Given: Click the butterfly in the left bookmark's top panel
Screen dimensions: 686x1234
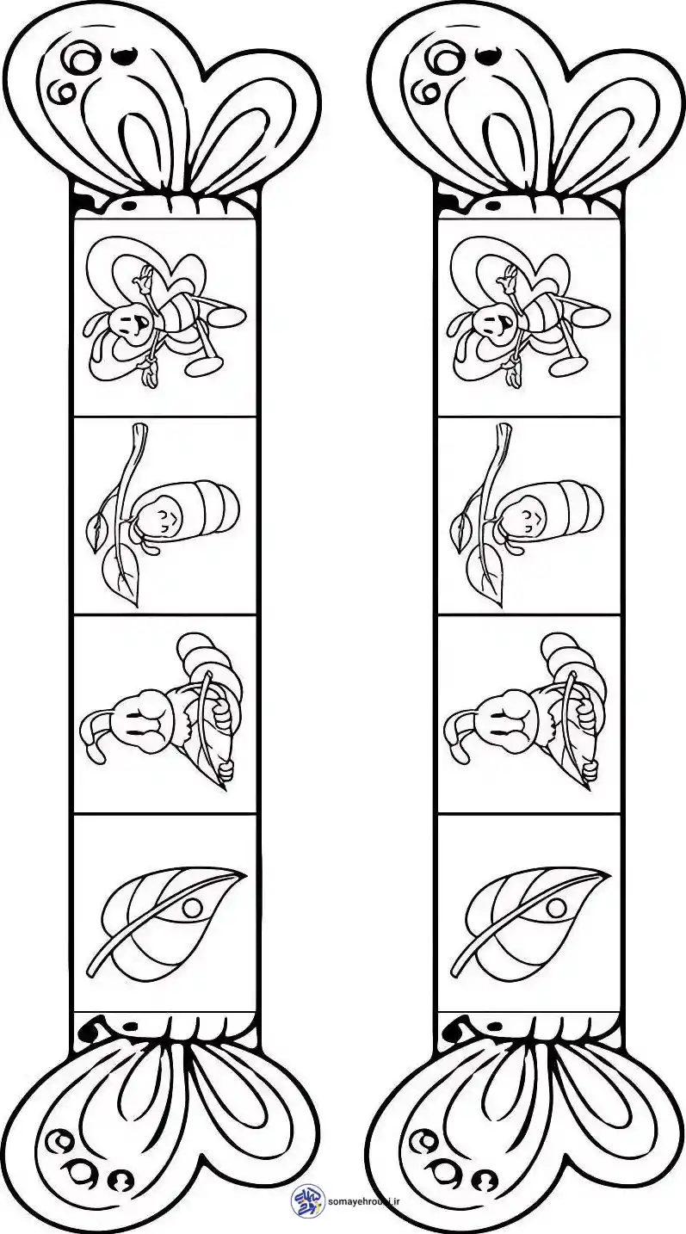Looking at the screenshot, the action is point(164,313).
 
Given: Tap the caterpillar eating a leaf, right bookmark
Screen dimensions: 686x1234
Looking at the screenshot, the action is point(528,712).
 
